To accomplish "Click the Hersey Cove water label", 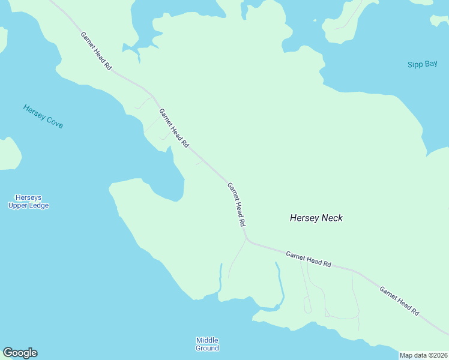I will click(43, 116).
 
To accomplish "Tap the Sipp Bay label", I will click(423, 64).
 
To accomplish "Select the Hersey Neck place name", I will click(316, 218).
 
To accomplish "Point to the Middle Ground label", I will click(207, 344).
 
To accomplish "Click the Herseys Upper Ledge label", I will click(28, 202).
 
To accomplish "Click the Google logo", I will click(20, 353).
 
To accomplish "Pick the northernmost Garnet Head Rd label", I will click(96, 51).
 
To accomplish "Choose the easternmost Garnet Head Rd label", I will click(399, 301).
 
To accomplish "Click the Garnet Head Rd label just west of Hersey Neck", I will click(237, 204).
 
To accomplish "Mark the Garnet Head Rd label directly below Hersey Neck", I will click(309, 259).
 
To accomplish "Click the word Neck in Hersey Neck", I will click(331, 218).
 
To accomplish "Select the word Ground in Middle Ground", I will click(207, 348).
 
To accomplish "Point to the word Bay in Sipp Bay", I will click(431, 64).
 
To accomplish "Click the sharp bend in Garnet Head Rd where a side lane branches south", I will click(246, 240).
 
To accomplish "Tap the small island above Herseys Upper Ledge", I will click(9, 154).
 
